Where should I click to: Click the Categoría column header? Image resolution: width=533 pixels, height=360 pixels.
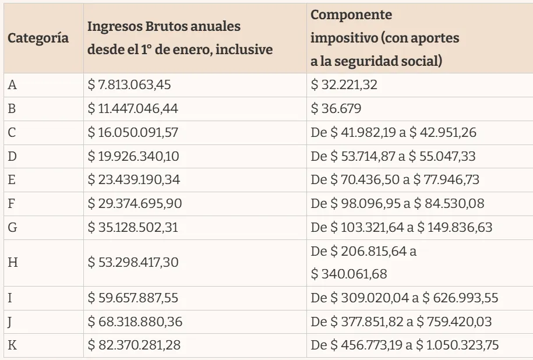pos(38,39)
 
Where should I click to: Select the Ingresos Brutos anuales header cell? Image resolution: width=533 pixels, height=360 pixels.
pos(180,38)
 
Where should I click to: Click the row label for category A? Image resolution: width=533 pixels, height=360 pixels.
pos(12,85)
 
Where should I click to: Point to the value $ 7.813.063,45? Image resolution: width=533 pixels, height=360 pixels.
pos(129,85)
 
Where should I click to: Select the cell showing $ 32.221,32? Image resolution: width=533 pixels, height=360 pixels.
pos(344,85)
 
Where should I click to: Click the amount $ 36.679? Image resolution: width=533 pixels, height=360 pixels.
pos(336,109)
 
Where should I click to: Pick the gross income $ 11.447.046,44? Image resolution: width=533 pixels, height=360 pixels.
pos(132,109)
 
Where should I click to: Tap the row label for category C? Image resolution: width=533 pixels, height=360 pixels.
pos(12,133)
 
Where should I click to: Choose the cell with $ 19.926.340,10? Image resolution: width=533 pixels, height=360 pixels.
pos(132,156)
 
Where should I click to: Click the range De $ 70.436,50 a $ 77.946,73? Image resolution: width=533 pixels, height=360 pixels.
pos(395,179)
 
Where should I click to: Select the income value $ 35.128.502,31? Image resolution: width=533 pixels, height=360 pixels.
pos(133,227)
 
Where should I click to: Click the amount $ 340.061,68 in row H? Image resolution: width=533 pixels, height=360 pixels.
pos(349,273)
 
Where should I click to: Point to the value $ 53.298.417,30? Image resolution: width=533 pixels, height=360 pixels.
pos(132,262)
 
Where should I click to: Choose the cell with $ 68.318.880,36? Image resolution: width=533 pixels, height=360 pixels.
pos(133,322)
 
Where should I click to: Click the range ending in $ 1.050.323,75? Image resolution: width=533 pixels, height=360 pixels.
pos(405,345)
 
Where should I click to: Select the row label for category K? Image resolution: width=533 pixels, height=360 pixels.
pos(12,345)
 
